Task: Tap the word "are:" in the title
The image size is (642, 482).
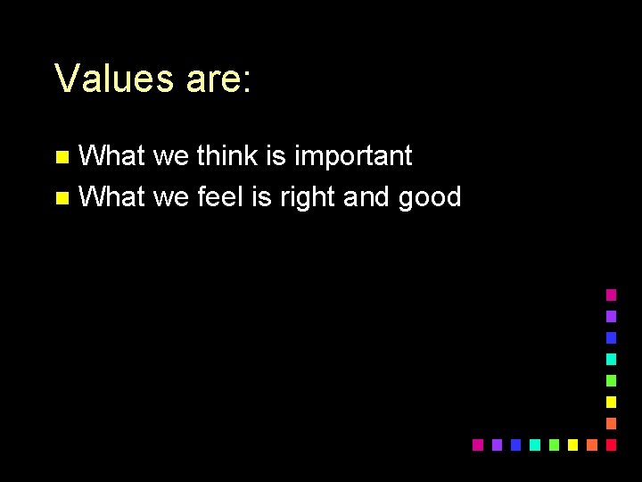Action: coord(219,79)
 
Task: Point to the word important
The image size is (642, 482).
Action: coord(353,155)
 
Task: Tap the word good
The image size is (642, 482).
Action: coord(430,196)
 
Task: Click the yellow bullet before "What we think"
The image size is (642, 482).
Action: coord(62,158)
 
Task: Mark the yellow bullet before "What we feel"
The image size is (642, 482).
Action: coord(62,198)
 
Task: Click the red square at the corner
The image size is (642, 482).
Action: coord(611,445)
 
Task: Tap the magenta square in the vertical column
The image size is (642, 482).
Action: coord(611,295)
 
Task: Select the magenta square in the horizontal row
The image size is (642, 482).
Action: coord(477,445)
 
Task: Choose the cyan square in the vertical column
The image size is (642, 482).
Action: coord(611,359)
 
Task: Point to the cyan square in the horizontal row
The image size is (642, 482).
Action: coord(534,445)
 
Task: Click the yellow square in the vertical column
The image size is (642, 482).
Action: coord(611,402)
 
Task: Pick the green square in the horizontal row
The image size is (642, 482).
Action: coord(554,445)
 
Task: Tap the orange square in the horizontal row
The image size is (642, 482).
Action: coord(592,445)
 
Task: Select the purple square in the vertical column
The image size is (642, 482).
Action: coord(611,316)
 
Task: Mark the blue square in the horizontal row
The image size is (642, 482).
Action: coord(515,445)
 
